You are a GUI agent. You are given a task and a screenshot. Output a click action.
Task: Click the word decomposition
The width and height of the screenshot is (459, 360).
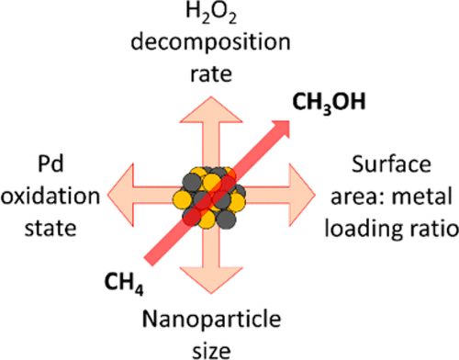[x=224, y=43]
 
